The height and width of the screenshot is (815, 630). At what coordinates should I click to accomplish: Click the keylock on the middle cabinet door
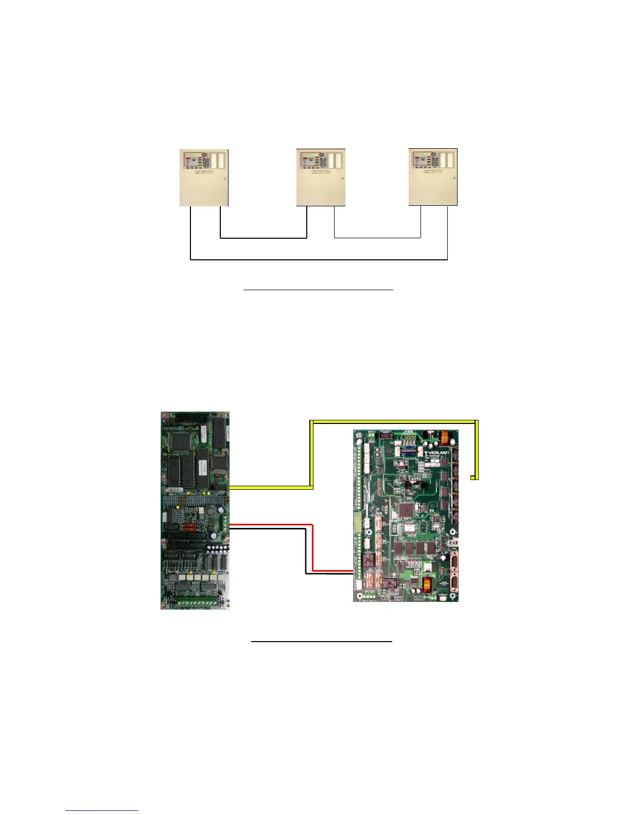coord(342,179)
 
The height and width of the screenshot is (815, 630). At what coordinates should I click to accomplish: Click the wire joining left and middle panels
coord(264,238)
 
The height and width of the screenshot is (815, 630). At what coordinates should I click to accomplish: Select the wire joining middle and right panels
coord(377,238)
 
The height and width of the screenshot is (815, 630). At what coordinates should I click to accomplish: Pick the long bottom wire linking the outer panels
coord(319,260)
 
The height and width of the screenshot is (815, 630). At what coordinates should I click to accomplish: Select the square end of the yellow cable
coord(475,478)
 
